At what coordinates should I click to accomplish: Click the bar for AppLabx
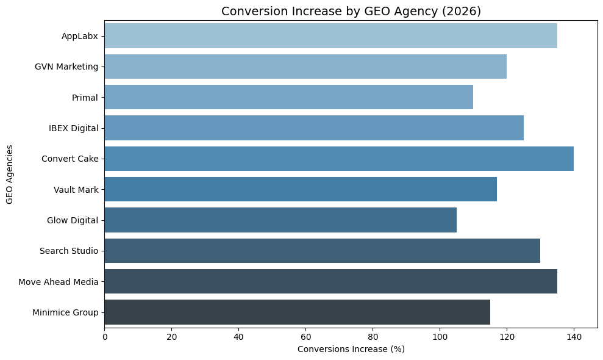point(330,36)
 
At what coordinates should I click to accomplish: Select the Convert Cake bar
point(339,159)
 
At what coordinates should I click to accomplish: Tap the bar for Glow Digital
point(280,220)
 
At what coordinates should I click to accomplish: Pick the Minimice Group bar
point(297,312)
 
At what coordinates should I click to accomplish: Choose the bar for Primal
point(288,98)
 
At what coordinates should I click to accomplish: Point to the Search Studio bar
point(322,251)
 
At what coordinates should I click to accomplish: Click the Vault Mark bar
point(301,189)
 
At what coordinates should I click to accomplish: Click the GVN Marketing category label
point(66,67)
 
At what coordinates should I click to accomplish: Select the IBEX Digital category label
point(73,128)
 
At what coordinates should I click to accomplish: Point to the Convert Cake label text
point(70,159)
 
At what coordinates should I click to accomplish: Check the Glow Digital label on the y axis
point(72,220)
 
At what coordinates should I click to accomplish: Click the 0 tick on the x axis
point(105,336)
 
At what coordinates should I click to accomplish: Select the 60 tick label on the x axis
point(305,336)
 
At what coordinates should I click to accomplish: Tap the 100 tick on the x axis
point(440,336)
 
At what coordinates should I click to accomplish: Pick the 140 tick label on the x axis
point(574,336)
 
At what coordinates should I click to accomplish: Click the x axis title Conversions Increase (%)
point(351,349)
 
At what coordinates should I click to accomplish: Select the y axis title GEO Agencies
point(10,175)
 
